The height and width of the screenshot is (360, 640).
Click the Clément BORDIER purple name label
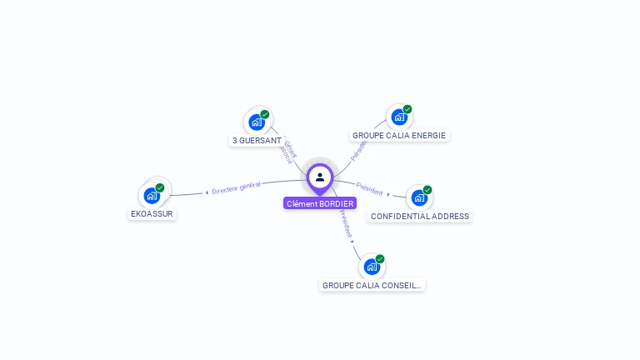[x=319, y=203]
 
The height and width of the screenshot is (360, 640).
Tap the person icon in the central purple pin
[x=320, y=177]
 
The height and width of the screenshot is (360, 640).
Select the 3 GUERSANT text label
[x=257, y=141]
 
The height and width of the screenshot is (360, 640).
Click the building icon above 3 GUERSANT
[x=257, y=122]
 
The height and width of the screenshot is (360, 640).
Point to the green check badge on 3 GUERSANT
[x=265, y=114]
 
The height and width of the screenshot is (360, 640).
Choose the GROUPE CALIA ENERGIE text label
[x=398, y=135]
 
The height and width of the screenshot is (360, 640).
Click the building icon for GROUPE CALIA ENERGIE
[x=398, y=117]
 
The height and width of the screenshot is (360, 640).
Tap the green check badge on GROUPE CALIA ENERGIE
[x=407, y=109]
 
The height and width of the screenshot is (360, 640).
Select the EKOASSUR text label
[x=152, y=213]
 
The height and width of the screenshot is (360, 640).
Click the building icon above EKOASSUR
[x=152, y=195]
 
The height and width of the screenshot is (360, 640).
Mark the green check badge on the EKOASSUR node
[x=160, y=187]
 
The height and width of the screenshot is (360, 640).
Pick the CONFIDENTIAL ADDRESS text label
[x=420, y=216]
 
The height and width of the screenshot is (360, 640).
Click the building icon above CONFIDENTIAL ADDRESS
[x=418, y=197]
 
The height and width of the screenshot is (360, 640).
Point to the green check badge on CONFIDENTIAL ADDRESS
[x=427, y=190]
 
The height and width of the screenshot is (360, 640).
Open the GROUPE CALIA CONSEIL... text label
[x=372, y=285]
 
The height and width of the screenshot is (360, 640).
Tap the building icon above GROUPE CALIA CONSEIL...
[x=371, y=267]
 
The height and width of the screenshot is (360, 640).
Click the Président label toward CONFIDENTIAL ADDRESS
[x=370, y=189]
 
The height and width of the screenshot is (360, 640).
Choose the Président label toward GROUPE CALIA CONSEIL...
[x=345, y=223]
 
